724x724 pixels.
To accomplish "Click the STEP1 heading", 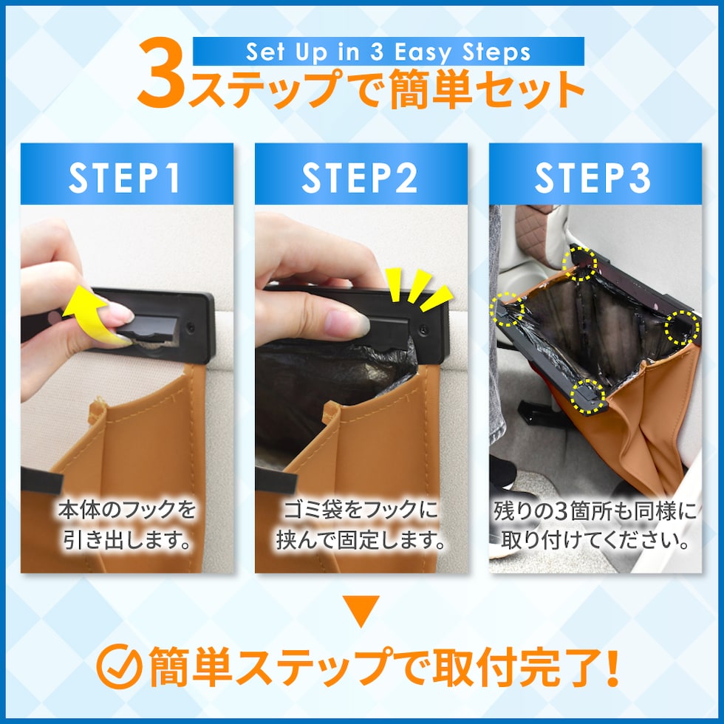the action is tap(125, 177).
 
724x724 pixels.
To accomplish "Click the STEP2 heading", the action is tap(360, 177).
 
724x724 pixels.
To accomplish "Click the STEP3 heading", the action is tap(592, 177).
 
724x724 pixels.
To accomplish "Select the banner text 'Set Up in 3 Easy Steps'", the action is tap(388, 52).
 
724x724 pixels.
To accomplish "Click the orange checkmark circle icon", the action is tap(119, 666).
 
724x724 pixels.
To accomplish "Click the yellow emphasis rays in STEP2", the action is tap(418, 290).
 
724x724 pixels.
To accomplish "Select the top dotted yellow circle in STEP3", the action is tap(579, 263).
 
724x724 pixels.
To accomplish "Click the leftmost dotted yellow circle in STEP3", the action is tap(508, 309).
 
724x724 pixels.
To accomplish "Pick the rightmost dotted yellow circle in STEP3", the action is tap(682, 328).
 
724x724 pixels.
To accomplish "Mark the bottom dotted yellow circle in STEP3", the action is tap(587, 396).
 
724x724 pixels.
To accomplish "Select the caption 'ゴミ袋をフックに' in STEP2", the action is tap(361, 510).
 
